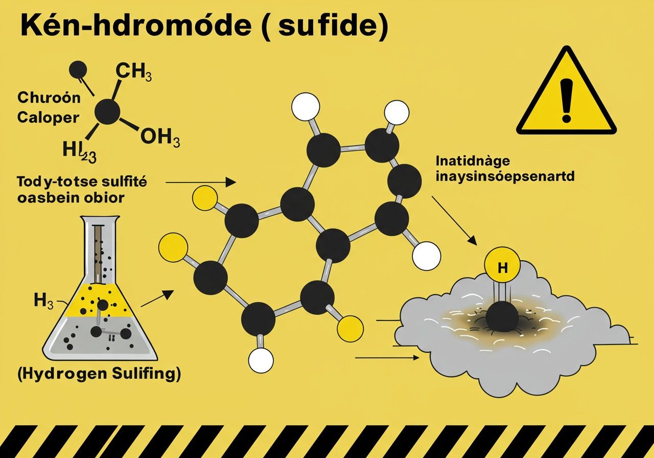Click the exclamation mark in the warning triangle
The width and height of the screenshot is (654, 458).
567,100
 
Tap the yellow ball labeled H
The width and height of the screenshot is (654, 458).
502,266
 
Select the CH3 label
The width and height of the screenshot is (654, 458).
133,71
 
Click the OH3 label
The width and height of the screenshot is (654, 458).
159,139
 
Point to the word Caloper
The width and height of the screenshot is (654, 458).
48,117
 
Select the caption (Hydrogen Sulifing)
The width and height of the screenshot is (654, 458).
99,374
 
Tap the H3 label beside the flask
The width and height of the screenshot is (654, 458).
43,301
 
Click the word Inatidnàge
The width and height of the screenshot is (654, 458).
473,161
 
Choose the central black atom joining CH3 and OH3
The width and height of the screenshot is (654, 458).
108,111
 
